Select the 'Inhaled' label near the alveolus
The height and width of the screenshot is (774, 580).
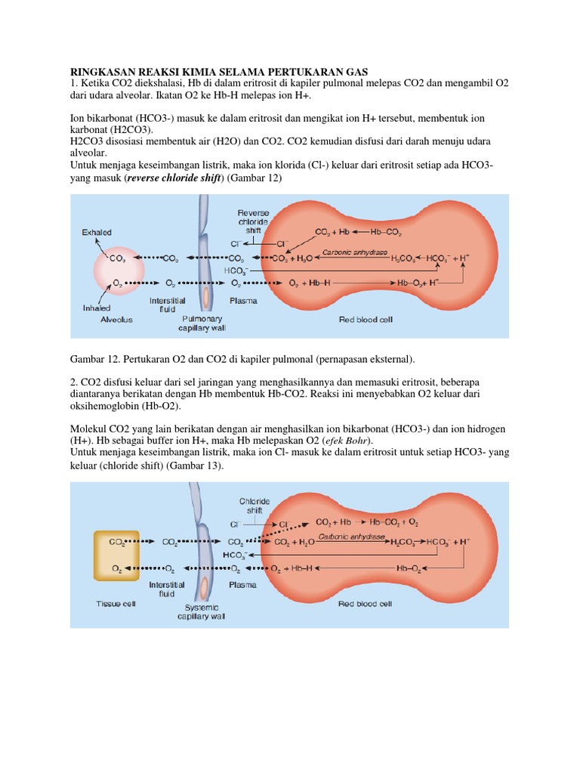[97, 308]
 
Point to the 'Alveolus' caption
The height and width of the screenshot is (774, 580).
[117, 320]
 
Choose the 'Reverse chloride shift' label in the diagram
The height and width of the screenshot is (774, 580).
[253, 222]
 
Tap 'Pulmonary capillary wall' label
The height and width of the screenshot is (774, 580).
[202, 324]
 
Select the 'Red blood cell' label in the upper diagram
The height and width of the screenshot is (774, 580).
[366, 320]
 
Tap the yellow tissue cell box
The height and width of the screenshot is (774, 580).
[117, 555]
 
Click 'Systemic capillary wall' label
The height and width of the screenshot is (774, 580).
[204, 611]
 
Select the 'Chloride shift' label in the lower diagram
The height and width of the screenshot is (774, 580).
[254, 505]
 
